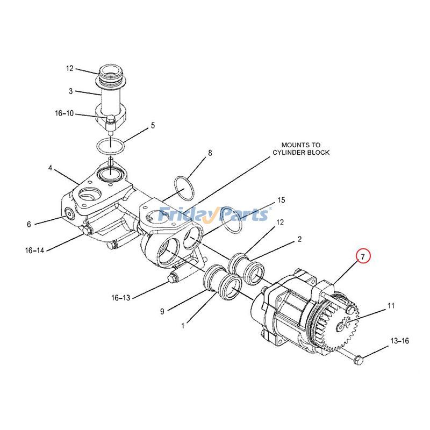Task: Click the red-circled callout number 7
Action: coord(363,257)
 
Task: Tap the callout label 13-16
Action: coord(399,341)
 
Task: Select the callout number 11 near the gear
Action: coord(391,305)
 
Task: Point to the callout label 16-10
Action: coord(64,113)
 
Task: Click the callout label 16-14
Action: coord(34,250)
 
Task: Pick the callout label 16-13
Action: coord(120,298)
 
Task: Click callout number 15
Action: coord(281,200)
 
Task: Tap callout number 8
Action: coord(210,153)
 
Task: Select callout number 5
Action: coord(153,125)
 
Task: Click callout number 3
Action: coord(71,91)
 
